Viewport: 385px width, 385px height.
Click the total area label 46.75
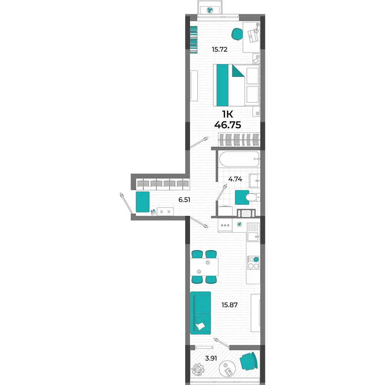click(x=228, y=125)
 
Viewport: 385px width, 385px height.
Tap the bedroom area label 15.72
click(x=219, y=49)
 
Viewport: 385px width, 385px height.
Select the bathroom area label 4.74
click(x=235, y=179)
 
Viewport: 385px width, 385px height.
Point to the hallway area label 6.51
click(x=184, y=199)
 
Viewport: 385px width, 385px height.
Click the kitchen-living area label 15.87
click(x=229, y=305)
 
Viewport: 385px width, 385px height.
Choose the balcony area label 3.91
click(x=211, y=358)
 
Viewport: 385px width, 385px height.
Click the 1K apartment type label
click(x=228, y=114)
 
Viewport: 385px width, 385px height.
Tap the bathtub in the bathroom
click(x=239, y=159)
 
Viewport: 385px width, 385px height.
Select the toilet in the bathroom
click(x=251, y=197)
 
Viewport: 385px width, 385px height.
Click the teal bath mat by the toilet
click(x=242, y=198)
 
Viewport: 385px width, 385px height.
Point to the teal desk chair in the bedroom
click(x=237, y=34)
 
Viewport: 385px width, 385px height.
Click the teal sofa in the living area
click(x=200, y=313)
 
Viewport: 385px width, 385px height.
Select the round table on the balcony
click(x=227, y=368)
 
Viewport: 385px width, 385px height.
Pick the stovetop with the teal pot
click(x=253, y=263)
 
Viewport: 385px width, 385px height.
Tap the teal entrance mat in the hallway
click(x=143, y=202)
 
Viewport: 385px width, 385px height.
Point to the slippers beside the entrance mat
click(x=153, y=212)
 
